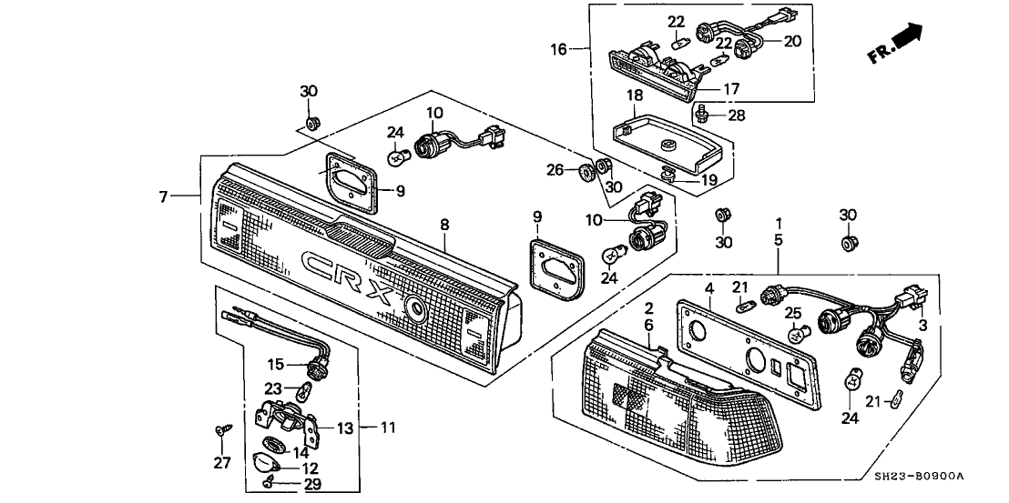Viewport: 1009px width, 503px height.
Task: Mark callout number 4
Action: (x=707, y=289)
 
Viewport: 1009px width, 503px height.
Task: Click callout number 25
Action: (x=792, y=315)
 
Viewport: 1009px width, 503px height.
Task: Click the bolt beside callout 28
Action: (x=702, y=113)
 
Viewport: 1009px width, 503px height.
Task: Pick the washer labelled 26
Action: (x=586, y=169)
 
